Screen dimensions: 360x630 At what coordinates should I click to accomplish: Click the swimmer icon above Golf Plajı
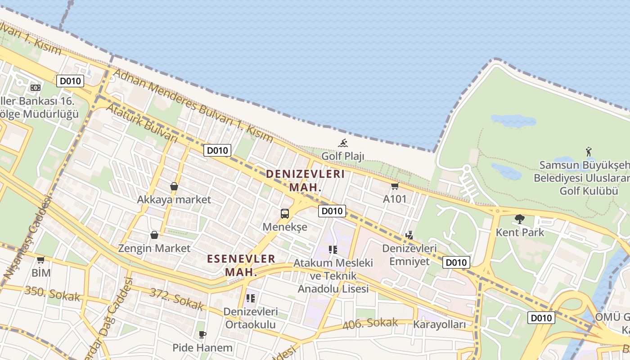(343, 143)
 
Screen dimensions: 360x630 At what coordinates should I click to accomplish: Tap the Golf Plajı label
(343, 156)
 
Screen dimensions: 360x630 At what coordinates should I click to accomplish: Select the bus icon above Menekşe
(285, 213)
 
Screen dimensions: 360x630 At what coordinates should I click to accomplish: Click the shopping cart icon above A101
(395, 186)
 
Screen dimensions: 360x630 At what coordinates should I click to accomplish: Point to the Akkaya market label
(174, 199)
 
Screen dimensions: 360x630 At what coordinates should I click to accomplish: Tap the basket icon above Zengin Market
(154, 235)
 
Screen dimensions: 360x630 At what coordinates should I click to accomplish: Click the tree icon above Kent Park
(520, 219)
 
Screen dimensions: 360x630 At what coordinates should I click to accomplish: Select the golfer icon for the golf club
(589, 152)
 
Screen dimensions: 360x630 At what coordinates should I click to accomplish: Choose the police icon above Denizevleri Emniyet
(409, 235)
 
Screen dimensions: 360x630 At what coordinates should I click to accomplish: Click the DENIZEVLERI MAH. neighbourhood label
(305, 180)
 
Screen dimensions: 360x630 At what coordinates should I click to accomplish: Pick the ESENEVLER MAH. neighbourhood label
(241, 265)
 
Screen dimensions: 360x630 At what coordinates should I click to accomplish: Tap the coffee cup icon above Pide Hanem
(202, 334)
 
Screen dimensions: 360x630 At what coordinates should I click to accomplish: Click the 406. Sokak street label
(370, 323)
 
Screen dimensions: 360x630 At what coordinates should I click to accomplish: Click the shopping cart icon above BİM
(41, 260)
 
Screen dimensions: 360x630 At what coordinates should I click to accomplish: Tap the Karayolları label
(439, 324)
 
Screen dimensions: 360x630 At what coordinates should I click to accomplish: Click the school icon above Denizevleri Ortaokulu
(251, 298)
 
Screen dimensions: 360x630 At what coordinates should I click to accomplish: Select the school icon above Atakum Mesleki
(333, 249)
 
